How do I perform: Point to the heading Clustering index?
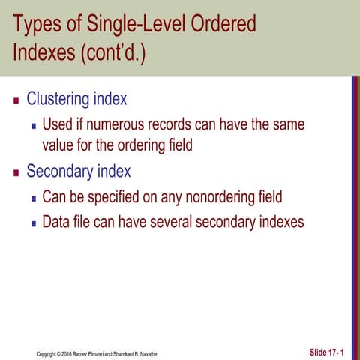tap(76, 99)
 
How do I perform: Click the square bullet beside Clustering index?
tap(16, 100)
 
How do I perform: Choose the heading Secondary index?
tap(78, 172)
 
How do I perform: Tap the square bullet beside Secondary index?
tap(16, 172)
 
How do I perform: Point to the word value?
tap(59, 144)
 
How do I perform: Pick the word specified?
tap(112, 197)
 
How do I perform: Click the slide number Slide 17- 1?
tap(327, 352)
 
